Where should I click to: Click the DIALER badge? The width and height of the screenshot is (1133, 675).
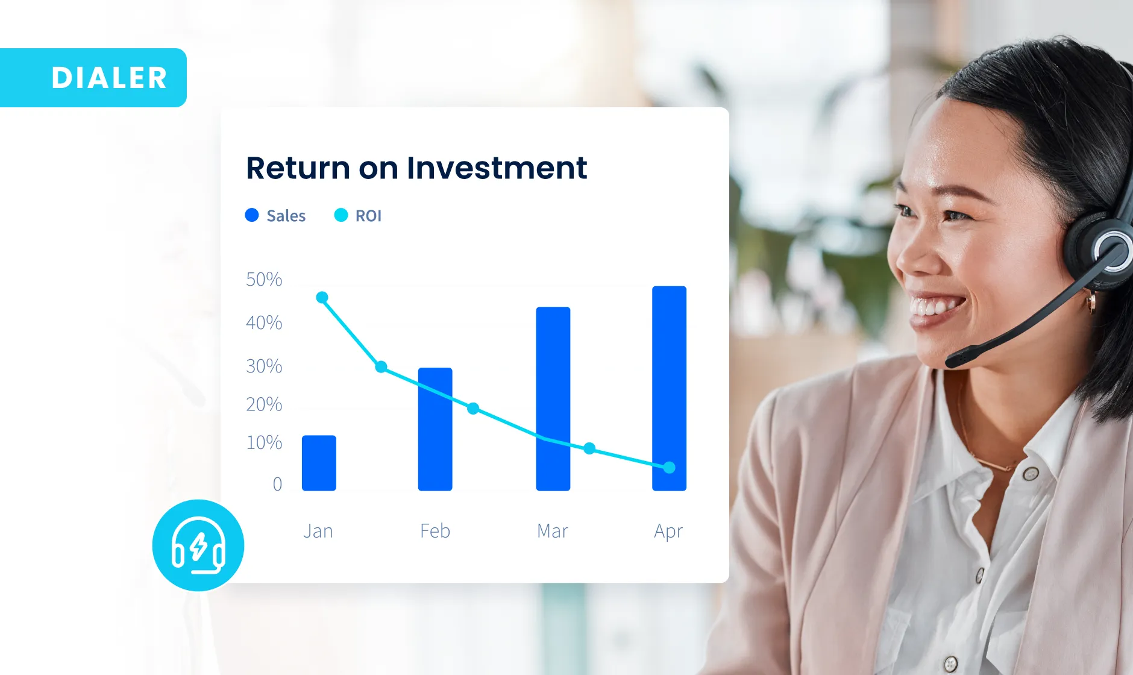pos(93,78)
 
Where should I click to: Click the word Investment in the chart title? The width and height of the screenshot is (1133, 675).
pos(497,168)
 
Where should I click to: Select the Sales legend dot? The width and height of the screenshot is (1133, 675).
pos(252,215)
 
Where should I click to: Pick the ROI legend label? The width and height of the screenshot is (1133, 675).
pos(368,216)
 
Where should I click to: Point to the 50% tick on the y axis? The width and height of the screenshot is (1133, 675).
pos(264,280)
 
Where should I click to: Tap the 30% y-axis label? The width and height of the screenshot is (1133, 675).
pos(264,366)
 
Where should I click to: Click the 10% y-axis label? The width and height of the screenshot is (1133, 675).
pos(264,443)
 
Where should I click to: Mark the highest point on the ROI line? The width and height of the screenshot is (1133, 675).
pos(322,297)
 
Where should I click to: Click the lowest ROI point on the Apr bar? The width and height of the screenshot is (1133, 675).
pos(669,467)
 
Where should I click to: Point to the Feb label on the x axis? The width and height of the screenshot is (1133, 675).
pos(435,531)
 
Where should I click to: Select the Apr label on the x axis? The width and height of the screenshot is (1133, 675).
pos(668,532)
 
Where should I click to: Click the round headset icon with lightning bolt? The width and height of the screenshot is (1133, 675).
pos(198,545)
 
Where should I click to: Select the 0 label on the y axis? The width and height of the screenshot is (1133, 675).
pos(277,484)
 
